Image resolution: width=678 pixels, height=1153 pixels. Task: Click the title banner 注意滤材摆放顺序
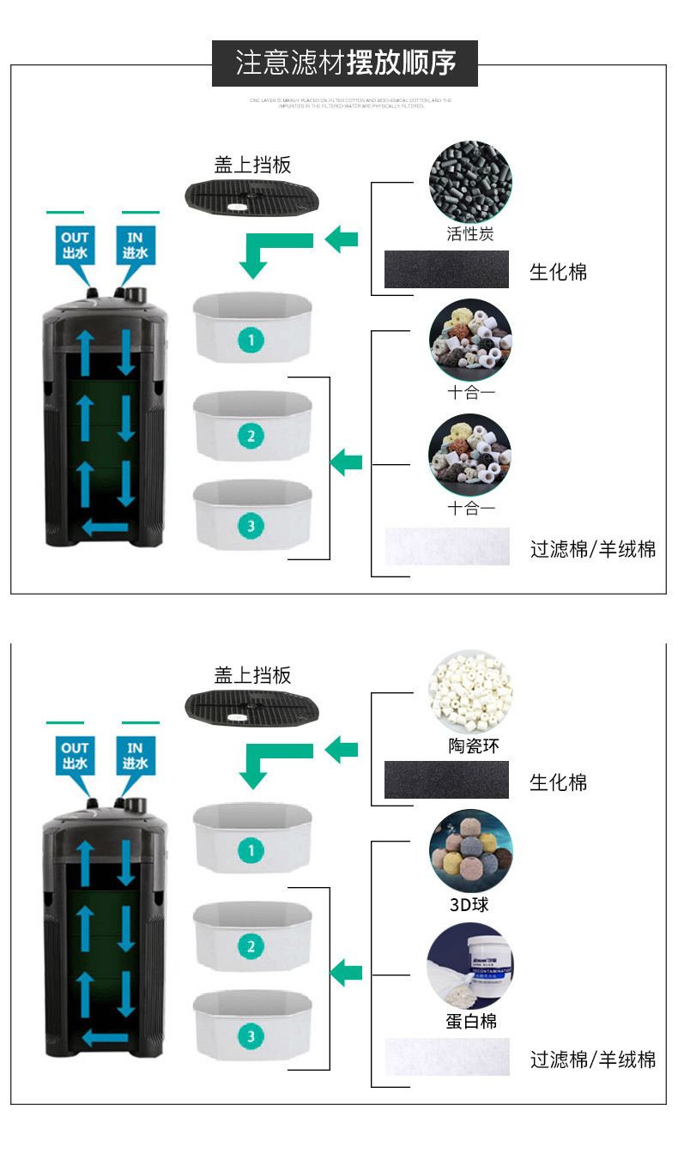tap(345, 63)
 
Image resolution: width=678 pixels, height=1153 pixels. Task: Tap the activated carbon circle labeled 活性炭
tap(470, 182)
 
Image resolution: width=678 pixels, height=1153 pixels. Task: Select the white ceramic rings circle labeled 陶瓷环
tap(470, 692)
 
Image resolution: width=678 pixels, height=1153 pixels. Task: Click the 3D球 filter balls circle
tap(470, 850)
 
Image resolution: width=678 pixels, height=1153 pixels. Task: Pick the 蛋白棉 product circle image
tap(470, 967)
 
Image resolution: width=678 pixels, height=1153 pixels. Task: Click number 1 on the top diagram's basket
tap(251, 341)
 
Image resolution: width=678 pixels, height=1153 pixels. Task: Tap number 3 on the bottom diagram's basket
tap(251, 1035)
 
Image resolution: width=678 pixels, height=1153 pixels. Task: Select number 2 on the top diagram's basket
tap(251, 436)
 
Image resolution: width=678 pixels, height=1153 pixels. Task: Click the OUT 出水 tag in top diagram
tap(75, 245)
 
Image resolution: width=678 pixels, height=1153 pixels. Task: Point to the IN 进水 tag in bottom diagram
tap(136, 756)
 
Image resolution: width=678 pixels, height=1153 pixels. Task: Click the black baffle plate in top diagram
tap(252, 196)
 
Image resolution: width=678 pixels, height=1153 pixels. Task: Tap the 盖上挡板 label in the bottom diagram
tap(252, 675)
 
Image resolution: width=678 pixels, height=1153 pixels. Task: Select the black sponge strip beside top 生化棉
tap(446, 269)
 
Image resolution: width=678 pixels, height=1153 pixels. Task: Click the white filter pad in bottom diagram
tap(446, 1056)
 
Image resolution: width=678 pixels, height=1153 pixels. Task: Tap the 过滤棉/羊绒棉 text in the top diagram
tap(592, 549)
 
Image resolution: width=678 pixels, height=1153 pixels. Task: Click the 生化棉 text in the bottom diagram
tap(558, 782)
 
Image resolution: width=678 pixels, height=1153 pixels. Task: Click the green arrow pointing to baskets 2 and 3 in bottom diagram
tap(347, 973)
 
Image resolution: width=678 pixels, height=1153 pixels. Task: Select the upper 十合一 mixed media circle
tap(470, 340)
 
